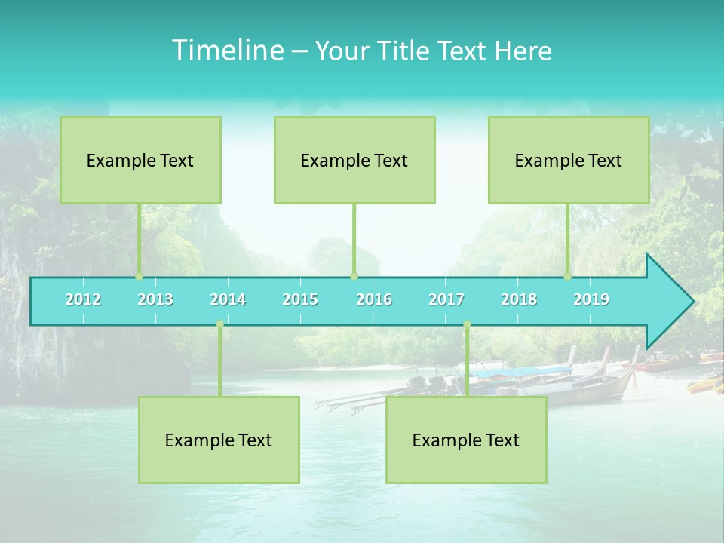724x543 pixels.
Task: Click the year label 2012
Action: (x=83, y=299)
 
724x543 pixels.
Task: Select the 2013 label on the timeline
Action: (x=155, y=299)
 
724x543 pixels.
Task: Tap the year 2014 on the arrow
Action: (x=228, y=299)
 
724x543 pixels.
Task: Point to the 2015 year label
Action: (x=300, y=299)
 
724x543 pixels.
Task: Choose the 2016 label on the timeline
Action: (x=374, y=299)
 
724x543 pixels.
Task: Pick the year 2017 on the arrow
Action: (x=446, y=299)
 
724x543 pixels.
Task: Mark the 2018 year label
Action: (x=519, y=299)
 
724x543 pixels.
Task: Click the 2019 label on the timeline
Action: (x=591, y=299)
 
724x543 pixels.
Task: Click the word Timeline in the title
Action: (x=226, y=51)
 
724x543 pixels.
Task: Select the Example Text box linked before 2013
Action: (x=140, y=160)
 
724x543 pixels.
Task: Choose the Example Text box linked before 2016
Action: (x=354, y=160)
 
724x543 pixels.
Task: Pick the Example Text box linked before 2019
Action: (x=569, y=160)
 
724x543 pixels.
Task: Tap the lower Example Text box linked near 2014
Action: (x=219, y=440)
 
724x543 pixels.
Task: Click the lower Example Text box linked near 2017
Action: (x=466, y=440)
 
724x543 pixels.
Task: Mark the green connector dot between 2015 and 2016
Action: (x=354, y=277)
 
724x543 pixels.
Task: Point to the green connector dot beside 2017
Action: (x=467, y=324)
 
